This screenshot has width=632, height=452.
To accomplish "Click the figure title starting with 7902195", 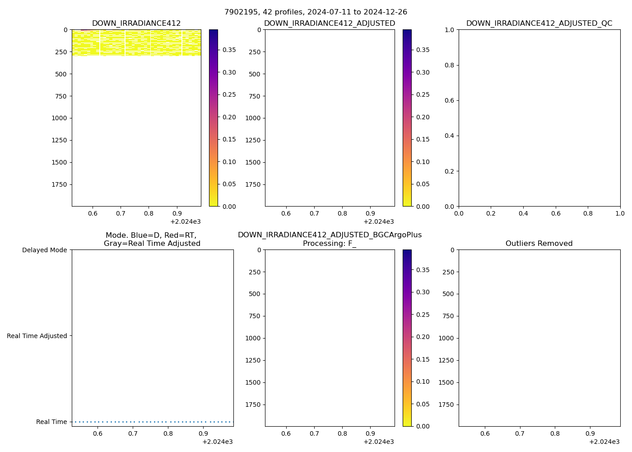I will tap(316, 12).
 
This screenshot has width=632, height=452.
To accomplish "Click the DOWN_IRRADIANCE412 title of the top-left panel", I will tap(136, 24).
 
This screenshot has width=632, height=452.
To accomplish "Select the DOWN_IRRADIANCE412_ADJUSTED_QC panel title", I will tap(539, 24).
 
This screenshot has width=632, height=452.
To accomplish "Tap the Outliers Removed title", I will tap(539, 244).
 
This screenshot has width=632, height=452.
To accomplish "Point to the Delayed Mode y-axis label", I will tap(44, 250).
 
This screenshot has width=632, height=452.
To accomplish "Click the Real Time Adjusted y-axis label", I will tap(37, 336).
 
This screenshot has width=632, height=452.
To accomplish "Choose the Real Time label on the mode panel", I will tap(51, 422).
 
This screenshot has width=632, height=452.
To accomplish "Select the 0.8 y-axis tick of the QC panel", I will tap(450, 65).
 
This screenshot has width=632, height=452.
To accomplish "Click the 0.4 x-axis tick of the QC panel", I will tap(523, 213).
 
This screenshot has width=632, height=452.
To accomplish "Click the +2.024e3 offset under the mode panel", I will tap(217, 442).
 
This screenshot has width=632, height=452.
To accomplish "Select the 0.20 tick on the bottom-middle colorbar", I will tap(423, 337).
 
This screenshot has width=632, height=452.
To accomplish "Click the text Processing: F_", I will tap(330, 244).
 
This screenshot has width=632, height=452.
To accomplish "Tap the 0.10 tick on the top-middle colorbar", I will tap(423, 162).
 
